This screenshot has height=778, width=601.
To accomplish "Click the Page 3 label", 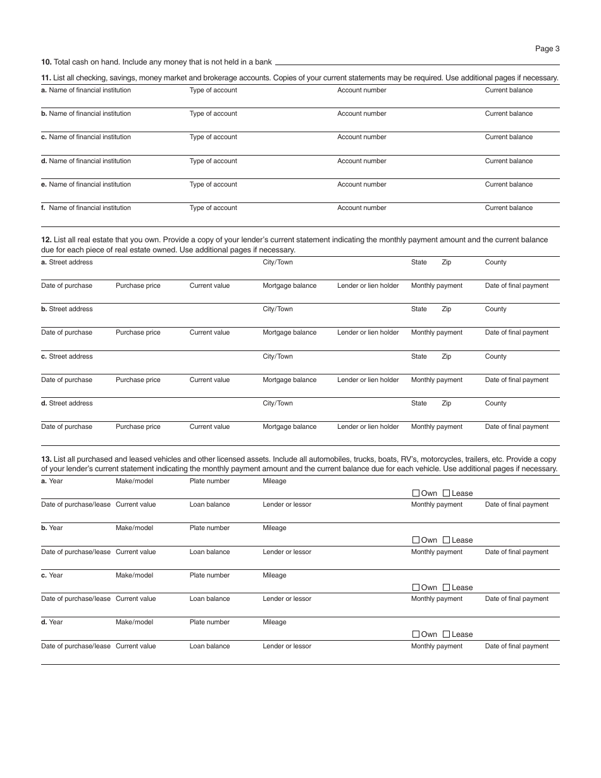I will pos(547,49).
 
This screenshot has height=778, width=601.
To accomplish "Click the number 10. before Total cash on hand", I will pos(46,62).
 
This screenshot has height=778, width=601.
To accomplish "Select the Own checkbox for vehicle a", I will pos(416,493).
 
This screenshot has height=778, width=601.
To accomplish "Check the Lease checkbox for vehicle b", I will pos(447,540).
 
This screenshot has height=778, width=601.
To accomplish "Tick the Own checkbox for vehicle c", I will pos(416,588).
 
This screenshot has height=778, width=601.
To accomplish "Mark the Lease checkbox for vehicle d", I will pos(447,634).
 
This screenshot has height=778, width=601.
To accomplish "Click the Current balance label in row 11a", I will pos(509,90).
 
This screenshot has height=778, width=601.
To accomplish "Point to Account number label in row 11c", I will pos(361,137).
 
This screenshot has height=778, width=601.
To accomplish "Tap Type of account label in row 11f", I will pos(213,208).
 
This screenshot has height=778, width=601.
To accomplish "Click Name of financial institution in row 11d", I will pos(89,161).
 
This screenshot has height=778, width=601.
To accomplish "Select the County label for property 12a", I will pos(495,262).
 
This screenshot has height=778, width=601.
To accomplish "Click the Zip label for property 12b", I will pos(446,309).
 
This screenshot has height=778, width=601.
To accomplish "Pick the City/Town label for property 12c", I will pos(278,357).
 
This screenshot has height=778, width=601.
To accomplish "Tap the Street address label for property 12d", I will pos(70,404).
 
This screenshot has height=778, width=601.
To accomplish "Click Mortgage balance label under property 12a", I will pos(289,286).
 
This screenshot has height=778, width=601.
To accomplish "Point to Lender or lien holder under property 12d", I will pos(368,427).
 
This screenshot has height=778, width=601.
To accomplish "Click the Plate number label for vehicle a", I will pos(209,481).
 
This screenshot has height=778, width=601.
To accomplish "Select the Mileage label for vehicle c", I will pos(274,576).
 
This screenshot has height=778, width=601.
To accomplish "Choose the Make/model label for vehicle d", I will pos(134,622).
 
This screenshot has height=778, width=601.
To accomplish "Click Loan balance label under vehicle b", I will pos(209,552).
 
